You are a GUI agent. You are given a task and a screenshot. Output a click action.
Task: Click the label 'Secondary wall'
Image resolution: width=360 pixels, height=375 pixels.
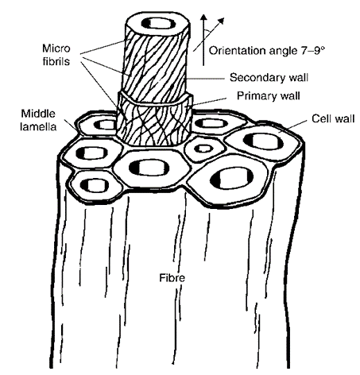pos(269,78)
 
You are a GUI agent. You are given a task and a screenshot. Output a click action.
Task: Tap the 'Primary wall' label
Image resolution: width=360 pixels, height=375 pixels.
pos(268,95)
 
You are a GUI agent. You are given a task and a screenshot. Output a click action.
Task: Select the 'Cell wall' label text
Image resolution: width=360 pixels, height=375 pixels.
pos(333,118)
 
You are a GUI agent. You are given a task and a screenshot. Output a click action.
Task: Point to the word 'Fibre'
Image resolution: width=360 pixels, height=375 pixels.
pos(172,278)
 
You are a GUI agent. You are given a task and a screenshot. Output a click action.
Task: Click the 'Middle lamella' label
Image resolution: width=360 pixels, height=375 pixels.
pos(38,120)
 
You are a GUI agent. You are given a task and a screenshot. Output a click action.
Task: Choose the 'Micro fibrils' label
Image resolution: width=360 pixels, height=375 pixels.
pos(56,55)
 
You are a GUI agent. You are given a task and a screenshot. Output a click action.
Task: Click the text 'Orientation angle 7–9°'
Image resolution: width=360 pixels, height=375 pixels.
pos(267,50)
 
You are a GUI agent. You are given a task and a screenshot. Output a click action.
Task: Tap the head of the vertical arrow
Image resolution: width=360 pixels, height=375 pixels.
pos(203,18)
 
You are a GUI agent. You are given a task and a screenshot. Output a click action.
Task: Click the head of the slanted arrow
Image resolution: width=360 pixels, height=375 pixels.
pos(221,21)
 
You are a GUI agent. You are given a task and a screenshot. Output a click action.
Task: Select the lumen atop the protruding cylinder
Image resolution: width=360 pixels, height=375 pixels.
pos(158,23)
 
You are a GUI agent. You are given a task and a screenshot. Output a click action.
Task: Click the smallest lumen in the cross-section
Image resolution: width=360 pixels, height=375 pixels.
pos(203,149)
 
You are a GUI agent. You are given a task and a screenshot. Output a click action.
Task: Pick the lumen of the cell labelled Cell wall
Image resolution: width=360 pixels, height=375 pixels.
pos(263,141)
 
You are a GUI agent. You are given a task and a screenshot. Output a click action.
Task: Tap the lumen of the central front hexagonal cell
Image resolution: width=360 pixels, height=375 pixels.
pos(149,168)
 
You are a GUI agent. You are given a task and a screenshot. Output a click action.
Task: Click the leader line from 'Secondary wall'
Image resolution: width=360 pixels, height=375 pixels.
pos(206,79)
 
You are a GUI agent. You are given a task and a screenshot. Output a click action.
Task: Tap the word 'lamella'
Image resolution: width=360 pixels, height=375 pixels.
pos(38,126)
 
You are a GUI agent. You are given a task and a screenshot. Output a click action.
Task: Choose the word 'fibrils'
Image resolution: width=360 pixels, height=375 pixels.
pos(56,61)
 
